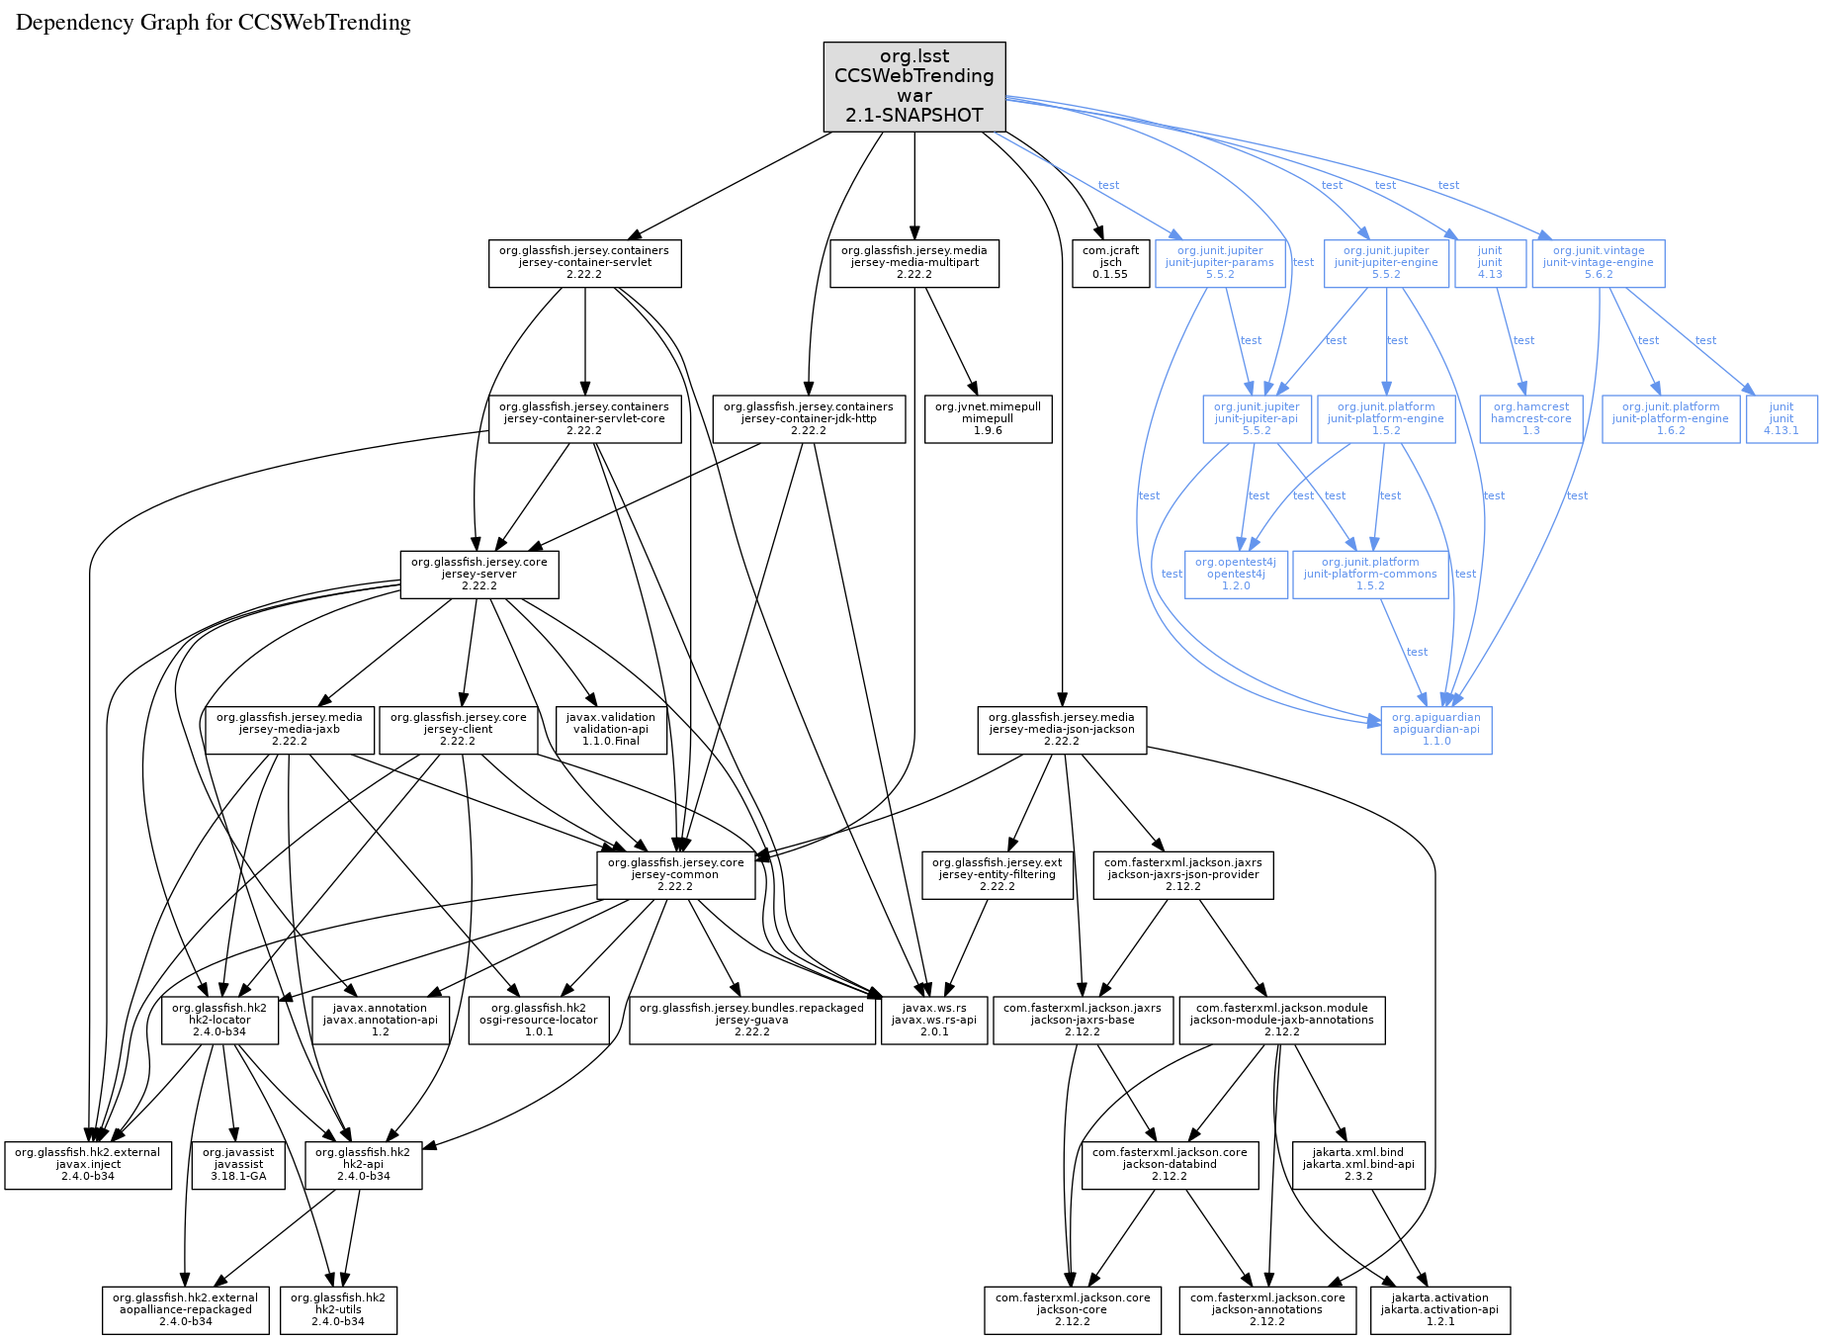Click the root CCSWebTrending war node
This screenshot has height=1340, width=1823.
point(913,86)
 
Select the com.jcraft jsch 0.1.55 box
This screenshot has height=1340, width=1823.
point(1109,263)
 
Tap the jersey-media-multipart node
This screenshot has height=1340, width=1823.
point(913,263)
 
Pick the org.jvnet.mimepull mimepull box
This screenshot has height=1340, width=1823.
point(988,418)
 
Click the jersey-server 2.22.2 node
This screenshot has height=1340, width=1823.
point(478,574)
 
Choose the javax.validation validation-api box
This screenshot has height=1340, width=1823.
point(610,729)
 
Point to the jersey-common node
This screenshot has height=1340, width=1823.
point(675,874)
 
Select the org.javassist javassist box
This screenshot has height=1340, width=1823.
point(238,1164)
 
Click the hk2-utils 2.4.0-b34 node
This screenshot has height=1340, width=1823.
point(338,1309)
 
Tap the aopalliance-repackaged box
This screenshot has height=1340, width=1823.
point(185,1309)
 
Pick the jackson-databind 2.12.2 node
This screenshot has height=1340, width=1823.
point(1170,1164)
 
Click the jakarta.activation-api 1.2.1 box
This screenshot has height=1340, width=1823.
point(1439,1309)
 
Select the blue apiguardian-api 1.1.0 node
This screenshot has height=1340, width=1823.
point(1435,729)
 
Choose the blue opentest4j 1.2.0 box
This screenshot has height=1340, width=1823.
point(1235,574)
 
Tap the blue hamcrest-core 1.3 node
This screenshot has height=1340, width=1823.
point(1530,418)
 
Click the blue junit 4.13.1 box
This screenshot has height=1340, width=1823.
point(1780,418)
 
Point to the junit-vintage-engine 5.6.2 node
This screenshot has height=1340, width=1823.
point(1598,263)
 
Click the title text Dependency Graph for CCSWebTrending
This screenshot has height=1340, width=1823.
point(214,23)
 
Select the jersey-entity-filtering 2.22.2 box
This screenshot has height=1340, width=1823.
point(997,874)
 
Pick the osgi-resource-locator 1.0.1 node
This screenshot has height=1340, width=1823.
point(538,1020)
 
